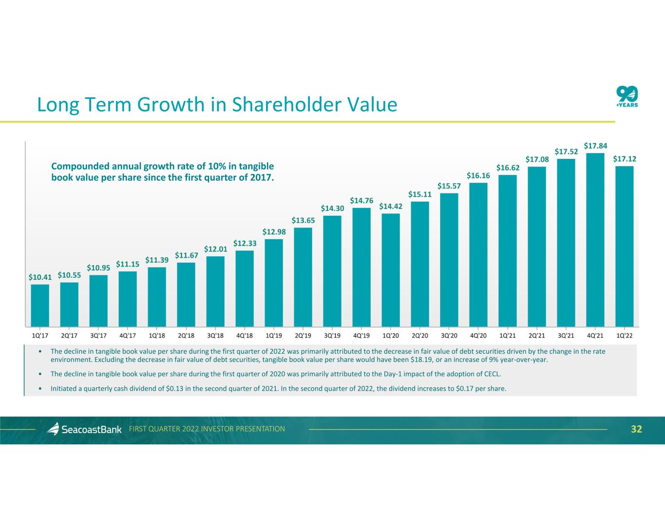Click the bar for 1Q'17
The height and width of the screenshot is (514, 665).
pyautogui.click(x=40, y=305)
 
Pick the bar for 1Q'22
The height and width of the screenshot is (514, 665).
pyautogui.click(x=625, y=246)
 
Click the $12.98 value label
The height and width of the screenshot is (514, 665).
pyautogui.click(x=274, y=232)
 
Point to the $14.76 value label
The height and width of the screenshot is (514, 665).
pyautogui.click(x=361, y=201)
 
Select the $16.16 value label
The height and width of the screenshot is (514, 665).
pyautogui.click(x=478, y=175)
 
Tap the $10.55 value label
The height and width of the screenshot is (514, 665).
pyautogui.click(x=69, y=275)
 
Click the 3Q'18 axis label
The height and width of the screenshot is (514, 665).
pyautogui.click(x=215, y=336)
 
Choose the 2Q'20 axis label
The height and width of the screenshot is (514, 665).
pyautogui.click(x=420, y=336)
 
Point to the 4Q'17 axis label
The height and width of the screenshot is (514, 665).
pyautogui.click(x=128, y=336)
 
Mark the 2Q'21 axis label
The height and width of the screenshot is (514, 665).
pyautogui.click(x=537, y=336)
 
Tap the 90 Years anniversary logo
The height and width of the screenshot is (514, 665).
pyautogui.click(x=627, y=96)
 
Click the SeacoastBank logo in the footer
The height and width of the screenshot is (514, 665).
pyautogui.click(x=84, y=429)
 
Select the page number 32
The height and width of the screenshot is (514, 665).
pyautogui.click(x=636, y=429)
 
